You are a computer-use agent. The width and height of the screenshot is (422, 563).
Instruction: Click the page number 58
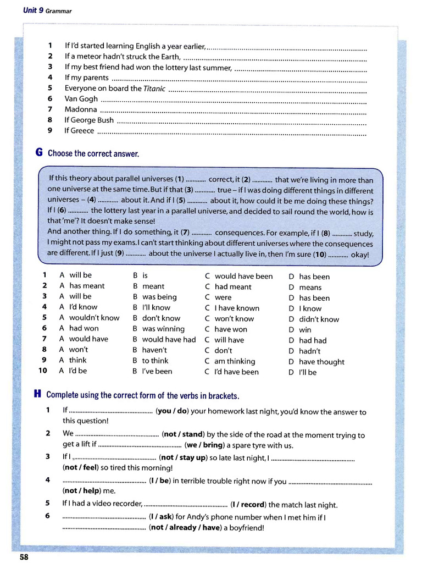click(x=24, y=556)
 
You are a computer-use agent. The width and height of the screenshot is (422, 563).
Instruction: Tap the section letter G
click(x=39, y=153)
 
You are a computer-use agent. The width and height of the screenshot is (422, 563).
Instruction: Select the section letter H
click(x=38, y=394)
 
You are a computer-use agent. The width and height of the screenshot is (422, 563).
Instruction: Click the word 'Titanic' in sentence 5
click(x=154, y=89)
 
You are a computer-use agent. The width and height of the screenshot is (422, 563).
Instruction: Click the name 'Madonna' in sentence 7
click(x=81, y=109)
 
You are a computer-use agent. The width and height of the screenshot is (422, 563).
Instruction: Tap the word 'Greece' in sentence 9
click(x=82, y=131)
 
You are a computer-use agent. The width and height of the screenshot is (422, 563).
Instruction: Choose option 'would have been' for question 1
click(x=243, y=276)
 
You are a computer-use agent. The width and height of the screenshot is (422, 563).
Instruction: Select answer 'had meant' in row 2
click(x=232, y=286)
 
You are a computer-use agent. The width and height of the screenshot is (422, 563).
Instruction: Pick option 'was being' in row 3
click(x=159, y=297)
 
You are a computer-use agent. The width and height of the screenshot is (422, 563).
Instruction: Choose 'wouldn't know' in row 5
click(x=94, y=318)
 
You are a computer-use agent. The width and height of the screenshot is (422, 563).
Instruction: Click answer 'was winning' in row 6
click(x=163, y=329)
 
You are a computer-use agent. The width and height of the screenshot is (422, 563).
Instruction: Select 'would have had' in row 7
click(x=169, y=339)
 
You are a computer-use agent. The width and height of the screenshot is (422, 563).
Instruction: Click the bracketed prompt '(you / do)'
click(x=173, y=411)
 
